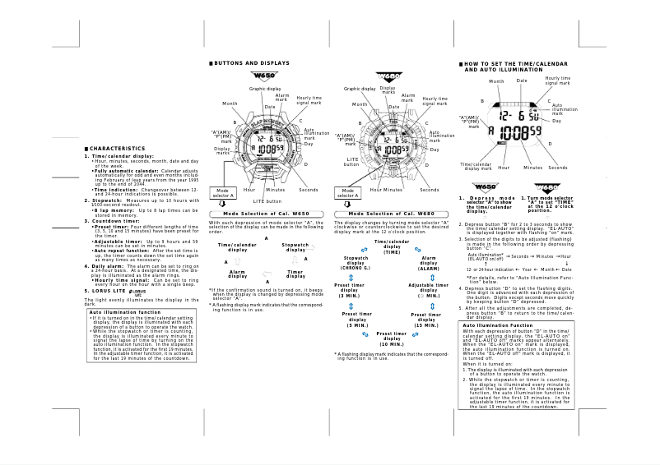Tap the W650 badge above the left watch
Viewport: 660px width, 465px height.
click(x=267, y=78)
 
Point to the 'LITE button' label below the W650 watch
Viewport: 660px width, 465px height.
click(x=267, y=200)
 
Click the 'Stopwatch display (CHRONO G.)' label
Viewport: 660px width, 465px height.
click(x=356, y=263)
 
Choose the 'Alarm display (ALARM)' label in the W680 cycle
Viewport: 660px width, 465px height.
click(x=429, y=263)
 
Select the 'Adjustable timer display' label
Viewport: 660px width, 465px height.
click(x=429, y=290)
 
